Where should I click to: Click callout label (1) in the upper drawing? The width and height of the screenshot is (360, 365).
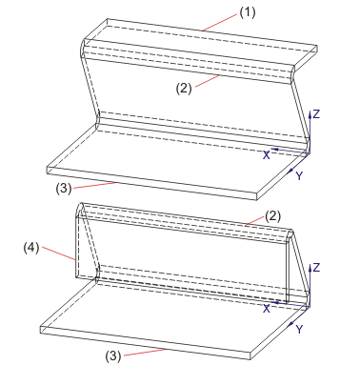click(x=248, y=13)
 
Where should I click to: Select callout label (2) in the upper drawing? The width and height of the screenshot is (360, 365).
click(x=184, y=89)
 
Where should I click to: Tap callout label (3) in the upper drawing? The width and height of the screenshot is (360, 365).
click(x=64, y=189)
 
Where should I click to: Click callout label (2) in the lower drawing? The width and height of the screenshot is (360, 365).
click(x=273, y=216)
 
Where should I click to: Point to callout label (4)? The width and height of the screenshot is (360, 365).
click(x=31, y=248)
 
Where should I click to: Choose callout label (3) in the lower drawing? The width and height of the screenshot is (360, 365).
click(x=113, y=356)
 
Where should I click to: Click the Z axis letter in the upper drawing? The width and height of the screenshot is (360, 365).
click(x=316, y=114)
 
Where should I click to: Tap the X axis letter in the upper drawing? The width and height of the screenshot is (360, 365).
click(x=267, y=155)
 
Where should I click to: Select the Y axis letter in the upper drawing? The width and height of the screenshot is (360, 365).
click(x=299, y=175)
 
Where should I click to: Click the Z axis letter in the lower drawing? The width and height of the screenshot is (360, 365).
click(x=316, y=268)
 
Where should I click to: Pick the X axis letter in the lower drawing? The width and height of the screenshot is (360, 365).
click(x=267, y=308)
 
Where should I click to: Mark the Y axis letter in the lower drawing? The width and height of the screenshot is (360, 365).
click(x=299, y=330)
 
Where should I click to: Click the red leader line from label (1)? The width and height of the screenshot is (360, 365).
click(x=219, y=23)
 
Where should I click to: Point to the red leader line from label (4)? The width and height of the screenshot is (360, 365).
click(x=59, y=253)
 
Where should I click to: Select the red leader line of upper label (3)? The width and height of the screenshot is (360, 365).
click(x=93, y=186)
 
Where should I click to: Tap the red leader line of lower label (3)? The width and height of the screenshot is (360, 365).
click(x=145, y=353)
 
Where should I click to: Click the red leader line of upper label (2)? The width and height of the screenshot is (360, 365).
click(x=208, y=81)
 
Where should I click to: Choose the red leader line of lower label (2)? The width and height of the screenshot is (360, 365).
click(x=254, y=220)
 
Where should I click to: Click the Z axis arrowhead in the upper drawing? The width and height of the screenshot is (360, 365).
click(x=310, y=113)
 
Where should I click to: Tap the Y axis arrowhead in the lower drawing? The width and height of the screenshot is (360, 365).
click(x=290, y=325)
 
